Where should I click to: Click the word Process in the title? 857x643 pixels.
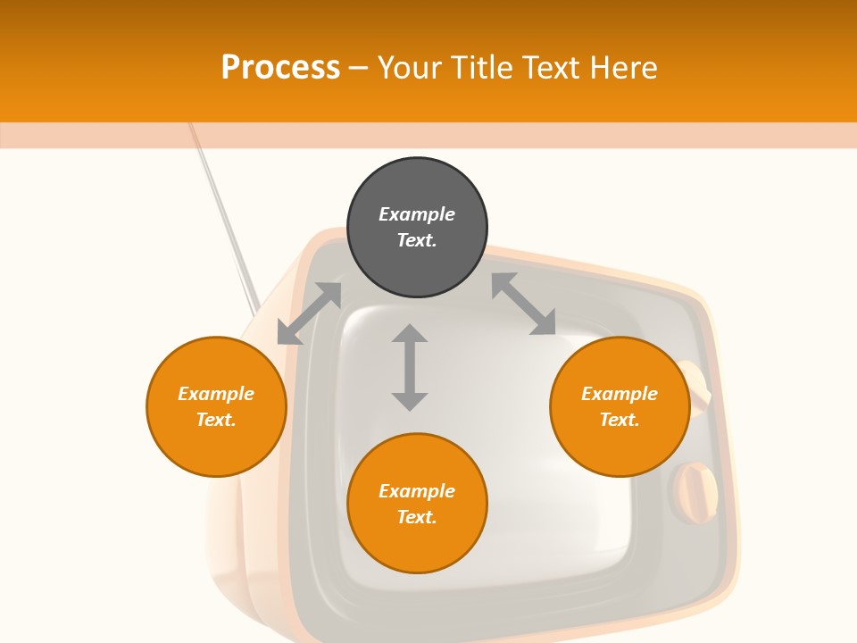[280, 68]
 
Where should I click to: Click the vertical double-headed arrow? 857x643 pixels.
[410, 367]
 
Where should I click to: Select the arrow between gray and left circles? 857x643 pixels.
[310, 313]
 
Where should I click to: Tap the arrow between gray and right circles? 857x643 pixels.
[523, 304]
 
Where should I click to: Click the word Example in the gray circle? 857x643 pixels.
[417, 214]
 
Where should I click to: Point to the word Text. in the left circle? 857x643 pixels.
[216, 420]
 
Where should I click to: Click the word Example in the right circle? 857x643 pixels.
[620, 394]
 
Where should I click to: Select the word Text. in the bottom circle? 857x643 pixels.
[417, 517]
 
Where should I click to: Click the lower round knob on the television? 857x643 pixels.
[695, 492]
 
